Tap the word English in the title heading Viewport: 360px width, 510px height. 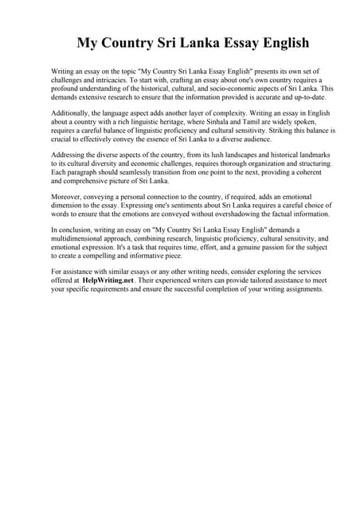[x=280, y=42]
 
